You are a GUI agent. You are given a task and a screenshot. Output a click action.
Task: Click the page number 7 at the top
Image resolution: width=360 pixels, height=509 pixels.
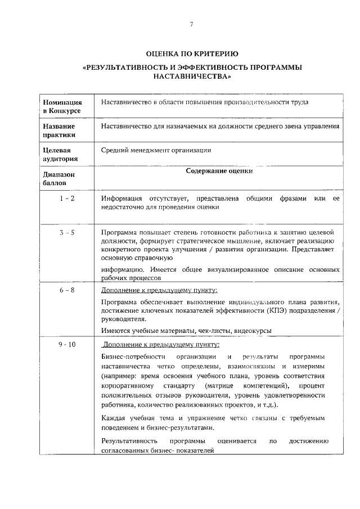[191, 24]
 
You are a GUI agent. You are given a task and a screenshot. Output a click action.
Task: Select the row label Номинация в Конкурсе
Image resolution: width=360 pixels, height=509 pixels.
[62, 107]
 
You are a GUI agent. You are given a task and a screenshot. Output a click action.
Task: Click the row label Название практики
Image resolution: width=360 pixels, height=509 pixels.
[59, 130]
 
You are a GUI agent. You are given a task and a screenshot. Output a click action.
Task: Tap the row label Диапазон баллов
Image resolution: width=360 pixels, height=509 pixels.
[58, 178]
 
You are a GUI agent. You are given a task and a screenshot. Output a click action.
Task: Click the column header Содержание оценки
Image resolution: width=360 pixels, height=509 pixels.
[219, 172]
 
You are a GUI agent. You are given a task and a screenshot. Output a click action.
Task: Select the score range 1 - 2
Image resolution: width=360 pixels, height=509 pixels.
[67, 199]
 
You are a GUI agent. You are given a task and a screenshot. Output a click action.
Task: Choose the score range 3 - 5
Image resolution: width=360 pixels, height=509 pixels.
[67, 232]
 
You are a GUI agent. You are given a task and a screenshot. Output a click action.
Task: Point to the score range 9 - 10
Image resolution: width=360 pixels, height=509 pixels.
[67, 344]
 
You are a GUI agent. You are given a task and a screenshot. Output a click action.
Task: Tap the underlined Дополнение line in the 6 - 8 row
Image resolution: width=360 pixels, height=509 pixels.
[159, 290]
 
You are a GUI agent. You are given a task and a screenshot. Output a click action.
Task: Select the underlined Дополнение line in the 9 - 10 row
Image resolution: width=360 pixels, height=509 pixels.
[161, 345]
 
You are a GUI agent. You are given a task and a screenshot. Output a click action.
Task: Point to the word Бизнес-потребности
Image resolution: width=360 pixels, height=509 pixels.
[133, 358]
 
